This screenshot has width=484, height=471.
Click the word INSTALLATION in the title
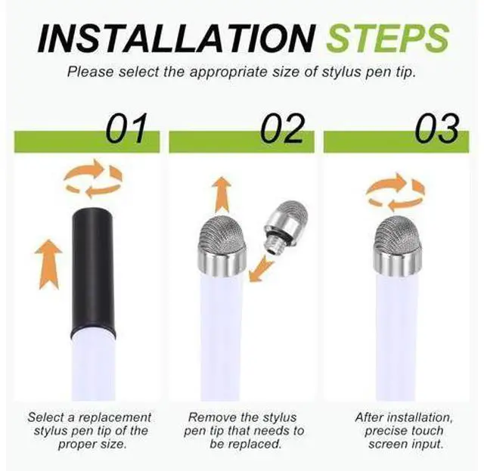176,39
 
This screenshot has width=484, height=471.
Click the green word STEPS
388,39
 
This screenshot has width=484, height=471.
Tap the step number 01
126,129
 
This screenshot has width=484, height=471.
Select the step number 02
282,129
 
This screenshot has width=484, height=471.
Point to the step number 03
436,129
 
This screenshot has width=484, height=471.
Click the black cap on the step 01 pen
93,271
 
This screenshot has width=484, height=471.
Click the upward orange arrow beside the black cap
48,264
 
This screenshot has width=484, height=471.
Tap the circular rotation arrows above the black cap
93,179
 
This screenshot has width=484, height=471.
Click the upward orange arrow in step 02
222,195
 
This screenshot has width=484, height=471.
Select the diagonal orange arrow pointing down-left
260,269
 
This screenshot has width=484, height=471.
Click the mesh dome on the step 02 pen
222,231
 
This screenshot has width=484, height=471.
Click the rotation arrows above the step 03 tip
396,192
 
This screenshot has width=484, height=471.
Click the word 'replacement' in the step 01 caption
115,417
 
